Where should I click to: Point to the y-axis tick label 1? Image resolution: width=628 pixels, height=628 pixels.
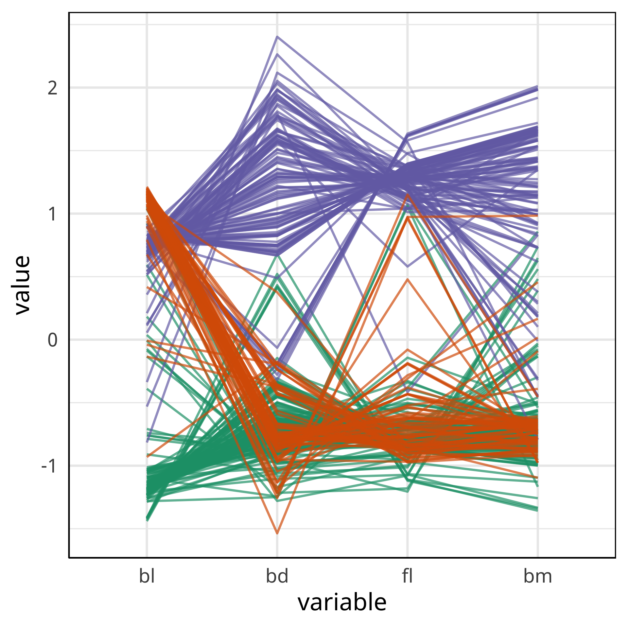pos(52,214)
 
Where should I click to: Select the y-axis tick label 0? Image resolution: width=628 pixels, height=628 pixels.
pos(52,340)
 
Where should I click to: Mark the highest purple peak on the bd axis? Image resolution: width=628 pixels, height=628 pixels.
pos(277,36)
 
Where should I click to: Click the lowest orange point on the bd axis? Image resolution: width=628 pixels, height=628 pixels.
pos(277,534)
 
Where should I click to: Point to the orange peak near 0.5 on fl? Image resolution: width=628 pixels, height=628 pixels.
pos(408,279)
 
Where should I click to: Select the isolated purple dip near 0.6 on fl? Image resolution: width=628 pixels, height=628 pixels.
pos(408,267)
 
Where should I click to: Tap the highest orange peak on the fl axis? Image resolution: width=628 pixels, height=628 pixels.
pos(408,194)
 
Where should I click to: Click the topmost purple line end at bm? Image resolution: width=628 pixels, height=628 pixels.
pos(537,86)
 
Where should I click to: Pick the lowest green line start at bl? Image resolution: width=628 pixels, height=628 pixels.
pos(147,520)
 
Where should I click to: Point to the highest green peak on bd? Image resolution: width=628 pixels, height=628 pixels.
pos(277,255)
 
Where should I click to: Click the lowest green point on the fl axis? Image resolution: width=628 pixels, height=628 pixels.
pos(408,491)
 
